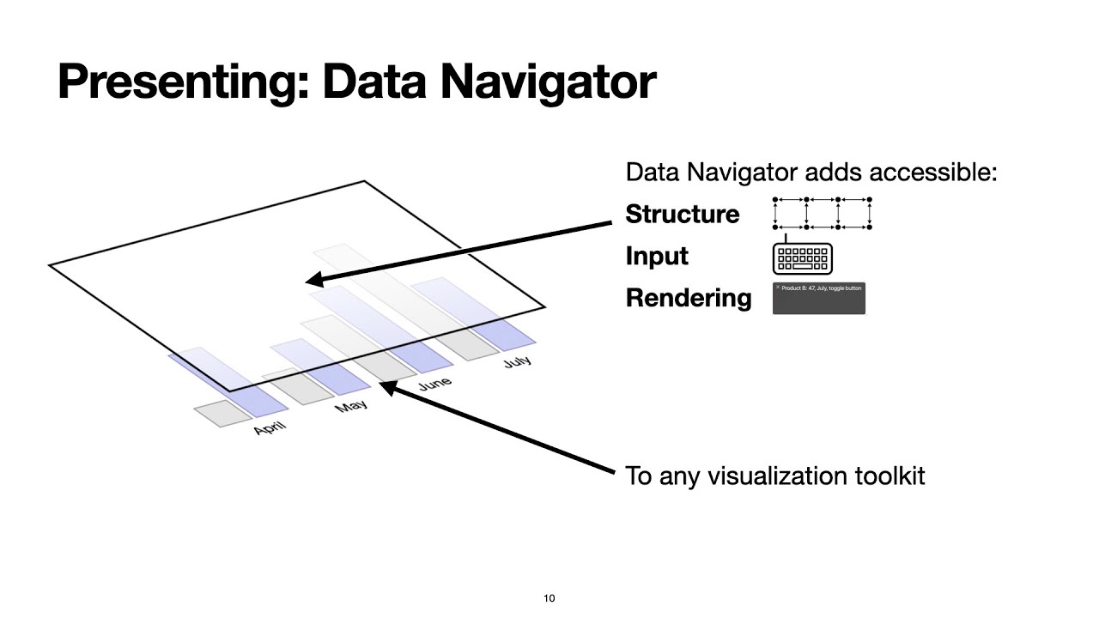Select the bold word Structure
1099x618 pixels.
682,214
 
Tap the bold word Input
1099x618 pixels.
657,256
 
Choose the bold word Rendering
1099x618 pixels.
688,298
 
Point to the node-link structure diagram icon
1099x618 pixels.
822,214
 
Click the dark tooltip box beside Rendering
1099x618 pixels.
818,299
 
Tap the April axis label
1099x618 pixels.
270,427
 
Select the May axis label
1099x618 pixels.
351,405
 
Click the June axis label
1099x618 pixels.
434,384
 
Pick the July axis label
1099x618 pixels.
517,361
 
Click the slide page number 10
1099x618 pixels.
549,598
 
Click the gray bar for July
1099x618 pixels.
467,342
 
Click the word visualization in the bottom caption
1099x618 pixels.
773,476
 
